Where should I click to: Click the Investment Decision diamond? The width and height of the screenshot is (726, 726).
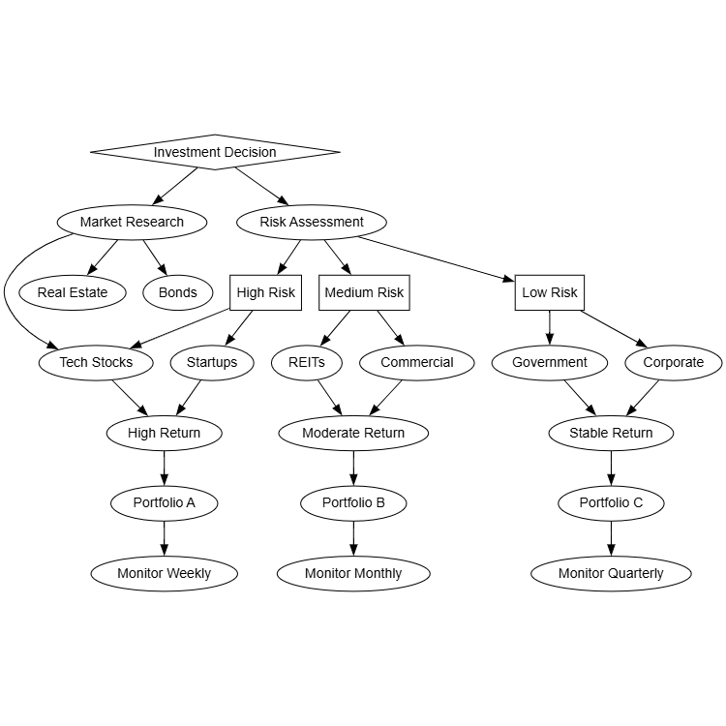pyautogui.click(x=215, y=152)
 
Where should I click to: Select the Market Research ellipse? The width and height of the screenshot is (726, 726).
pyautogui.click(x=132, y=222)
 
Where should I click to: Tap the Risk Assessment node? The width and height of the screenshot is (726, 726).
pyautogui.click(x=312, y=222)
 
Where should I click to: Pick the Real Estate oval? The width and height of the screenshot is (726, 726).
pyautogui.click(x=73, y=292)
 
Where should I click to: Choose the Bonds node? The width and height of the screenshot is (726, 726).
pyautogui.click(x=177, y=292)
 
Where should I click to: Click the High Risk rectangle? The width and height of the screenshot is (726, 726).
pyautogui.click(x=265, y=292)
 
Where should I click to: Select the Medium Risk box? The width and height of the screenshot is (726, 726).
pyautogui.click(x=364, y=292)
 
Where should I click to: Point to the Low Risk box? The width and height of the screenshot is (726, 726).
pyautogui.click(x=549, y=292)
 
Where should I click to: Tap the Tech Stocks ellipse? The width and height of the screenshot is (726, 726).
pyautogui.click(x=96, y=363)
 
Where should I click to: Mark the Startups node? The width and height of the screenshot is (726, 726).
pyautogui.click(x=211, y=363)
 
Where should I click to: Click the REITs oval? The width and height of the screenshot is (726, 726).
pyautogui.click(x=306, y=363)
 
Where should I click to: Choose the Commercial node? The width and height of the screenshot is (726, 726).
pyautogui.click(x=416, y=363)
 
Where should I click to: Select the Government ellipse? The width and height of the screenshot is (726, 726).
pyautogui.click(x=550, y=363)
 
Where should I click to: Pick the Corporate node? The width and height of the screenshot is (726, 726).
pyautogui.click(x=673, y=363)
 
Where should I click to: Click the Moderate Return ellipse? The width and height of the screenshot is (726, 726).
pyautogui.click(x=353, y=433)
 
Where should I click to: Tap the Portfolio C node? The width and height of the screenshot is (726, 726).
pyautogui.click(x=611, y=503)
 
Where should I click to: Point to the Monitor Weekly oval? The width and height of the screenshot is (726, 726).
pyautogui.click(x=164, y=573)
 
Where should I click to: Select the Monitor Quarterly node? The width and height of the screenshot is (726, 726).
pyautogui.click(x=611, y=573)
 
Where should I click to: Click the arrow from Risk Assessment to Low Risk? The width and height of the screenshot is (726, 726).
pyautogui.click(x=436, y=258)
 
